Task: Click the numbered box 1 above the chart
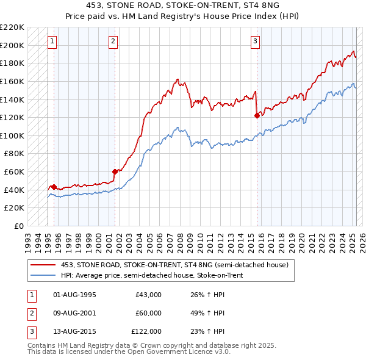click(52, 41)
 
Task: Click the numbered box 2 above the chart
click(113, 41)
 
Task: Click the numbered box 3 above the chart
click(255, 41)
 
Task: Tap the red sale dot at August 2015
click(257, 115)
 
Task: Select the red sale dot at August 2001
click(115, 171)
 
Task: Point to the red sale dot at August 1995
click(54, 187)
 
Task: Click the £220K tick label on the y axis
click(12, 27)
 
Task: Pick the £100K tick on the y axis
click(12, 135)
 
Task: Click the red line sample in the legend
click(43, 264)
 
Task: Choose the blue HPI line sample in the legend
click(43, 275)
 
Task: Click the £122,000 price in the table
click(146, 331)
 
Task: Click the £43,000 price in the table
click(148, 295)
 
